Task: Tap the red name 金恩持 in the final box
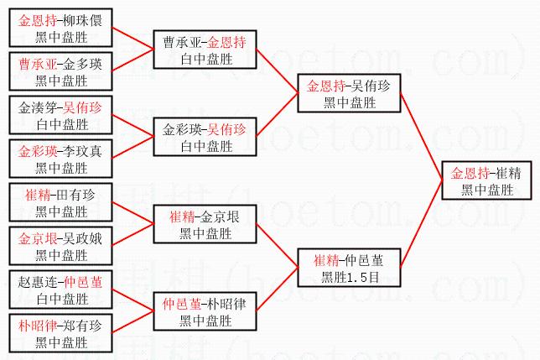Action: coord(470,175)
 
